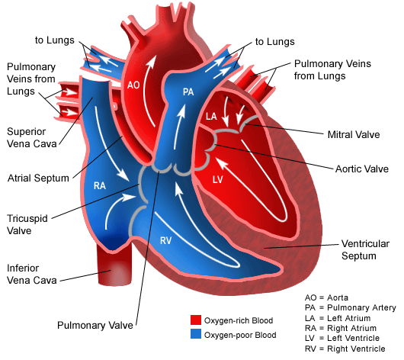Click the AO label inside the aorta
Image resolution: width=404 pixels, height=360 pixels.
click(x=133, y=85)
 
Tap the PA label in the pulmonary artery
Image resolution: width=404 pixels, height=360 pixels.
click(x=188, y=92)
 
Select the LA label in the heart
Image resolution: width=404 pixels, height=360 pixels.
click(x=211, y=117)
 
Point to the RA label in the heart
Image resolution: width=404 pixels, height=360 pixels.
click(x=100, y=185)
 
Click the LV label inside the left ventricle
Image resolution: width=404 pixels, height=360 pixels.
click(x=218, y=179)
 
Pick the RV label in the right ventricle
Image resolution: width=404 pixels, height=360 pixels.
click(x=165, y=240)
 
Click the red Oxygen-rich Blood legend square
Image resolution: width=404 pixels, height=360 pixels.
click(x=196, y=320)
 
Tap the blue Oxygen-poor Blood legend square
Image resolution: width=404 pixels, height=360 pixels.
click(x=196, y=334)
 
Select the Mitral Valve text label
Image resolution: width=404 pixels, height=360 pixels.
click(x=354, y=134)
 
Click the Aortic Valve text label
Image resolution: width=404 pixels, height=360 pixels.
click(x=362, y=169)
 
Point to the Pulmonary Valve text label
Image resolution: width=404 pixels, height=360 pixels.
click(x=95, y=325)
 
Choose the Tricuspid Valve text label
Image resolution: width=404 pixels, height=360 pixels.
click(x=27, y=224)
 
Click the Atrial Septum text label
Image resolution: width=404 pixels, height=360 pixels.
click(x=38, y=178)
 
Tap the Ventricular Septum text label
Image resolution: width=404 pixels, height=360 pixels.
click(x=365, y=249)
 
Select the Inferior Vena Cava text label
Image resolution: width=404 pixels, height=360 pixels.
click(x=32, y=274)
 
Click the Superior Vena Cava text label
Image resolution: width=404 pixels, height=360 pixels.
click(x=32, y=137)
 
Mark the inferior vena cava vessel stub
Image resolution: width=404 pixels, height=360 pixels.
click(x=114, y=265)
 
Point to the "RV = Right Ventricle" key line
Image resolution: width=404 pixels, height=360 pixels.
click(x=345, y=349)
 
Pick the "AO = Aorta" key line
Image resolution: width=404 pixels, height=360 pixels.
click(x=326, y=297)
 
